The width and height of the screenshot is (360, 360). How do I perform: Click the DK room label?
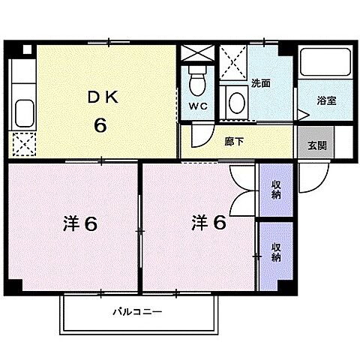100,97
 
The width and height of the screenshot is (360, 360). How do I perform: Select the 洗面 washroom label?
261,83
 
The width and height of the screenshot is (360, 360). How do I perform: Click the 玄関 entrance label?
316,146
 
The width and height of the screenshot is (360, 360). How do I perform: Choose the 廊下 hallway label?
233,140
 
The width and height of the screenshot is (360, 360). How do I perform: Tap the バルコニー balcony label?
139,311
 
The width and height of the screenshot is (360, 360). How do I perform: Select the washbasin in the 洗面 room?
236,100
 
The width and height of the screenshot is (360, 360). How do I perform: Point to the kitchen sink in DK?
22,113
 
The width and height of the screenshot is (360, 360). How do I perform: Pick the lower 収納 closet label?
276,252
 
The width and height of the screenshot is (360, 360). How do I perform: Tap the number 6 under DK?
100,124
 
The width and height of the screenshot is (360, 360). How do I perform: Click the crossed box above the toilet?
196,56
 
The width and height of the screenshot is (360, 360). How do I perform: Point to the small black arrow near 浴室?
301,115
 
